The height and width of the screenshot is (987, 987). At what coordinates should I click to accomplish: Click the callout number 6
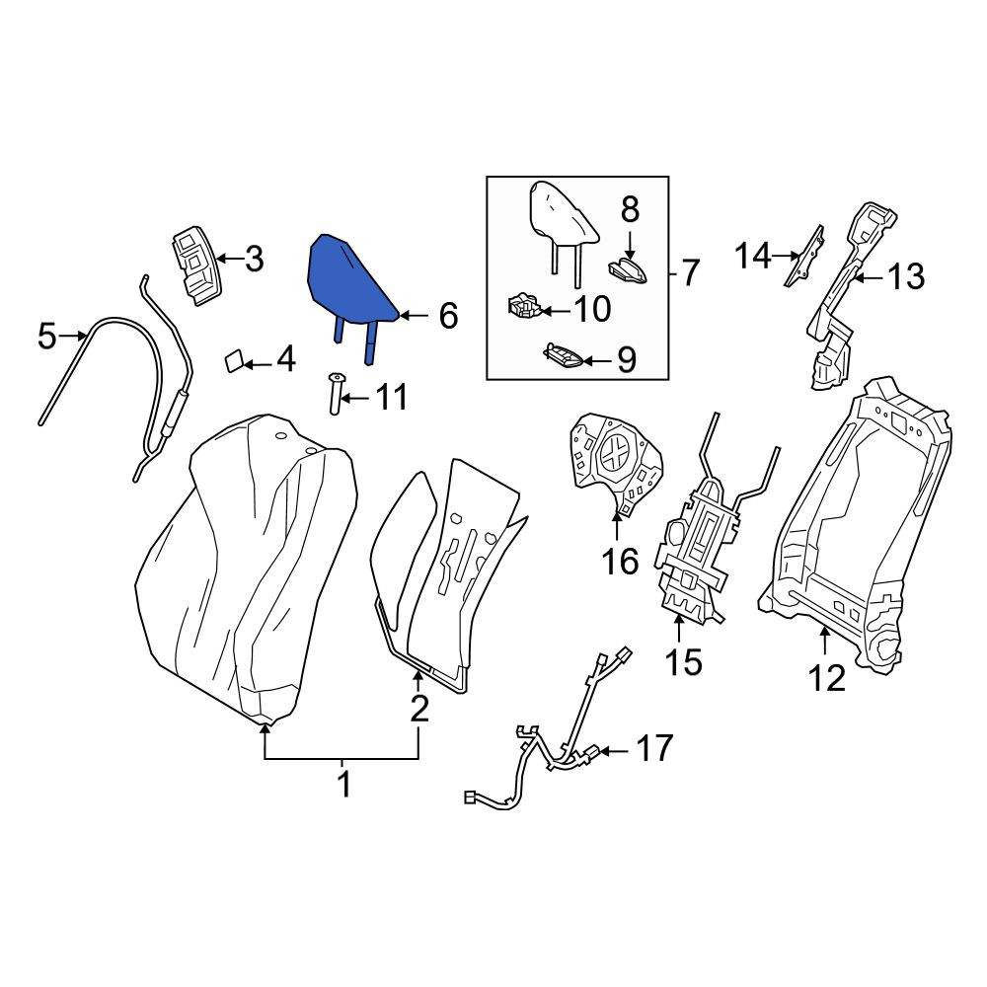coord(447,316)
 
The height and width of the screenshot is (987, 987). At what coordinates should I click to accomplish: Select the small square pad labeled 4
coord(233,362)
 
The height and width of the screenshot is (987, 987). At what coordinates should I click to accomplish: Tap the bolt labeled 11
coord(335,393)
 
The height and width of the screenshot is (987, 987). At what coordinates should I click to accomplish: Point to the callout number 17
coord(654,748)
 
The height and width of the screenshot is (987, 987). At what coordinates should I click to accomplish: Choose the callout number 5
coord(46,337)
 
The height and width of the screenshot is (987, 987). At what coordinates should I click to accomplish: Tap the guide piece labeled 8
coord(628,270)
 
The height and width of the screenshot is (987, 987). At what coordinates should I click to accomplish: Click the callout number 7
coord(691,273)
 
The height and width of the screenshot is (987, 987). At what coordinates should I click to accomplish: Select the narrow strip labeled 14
coord(803,256)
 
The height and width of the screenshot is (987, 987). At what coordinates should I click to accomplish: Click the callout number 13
coord(906,277)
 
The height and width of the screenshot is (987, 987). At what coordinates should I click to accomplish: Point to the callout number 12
coord(826,678)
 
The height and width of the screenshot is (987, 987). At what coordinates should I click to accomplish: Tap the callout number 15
coord(683,661)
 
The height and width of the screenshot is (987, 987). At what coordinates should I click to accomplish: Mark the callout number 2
coord(419,710)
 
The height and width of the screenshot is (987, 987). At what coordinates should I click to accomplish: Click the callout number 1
coord(343,785)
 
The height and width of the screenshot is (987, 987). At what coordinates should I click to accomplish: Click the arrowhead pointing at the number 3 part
coord(221,259)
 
